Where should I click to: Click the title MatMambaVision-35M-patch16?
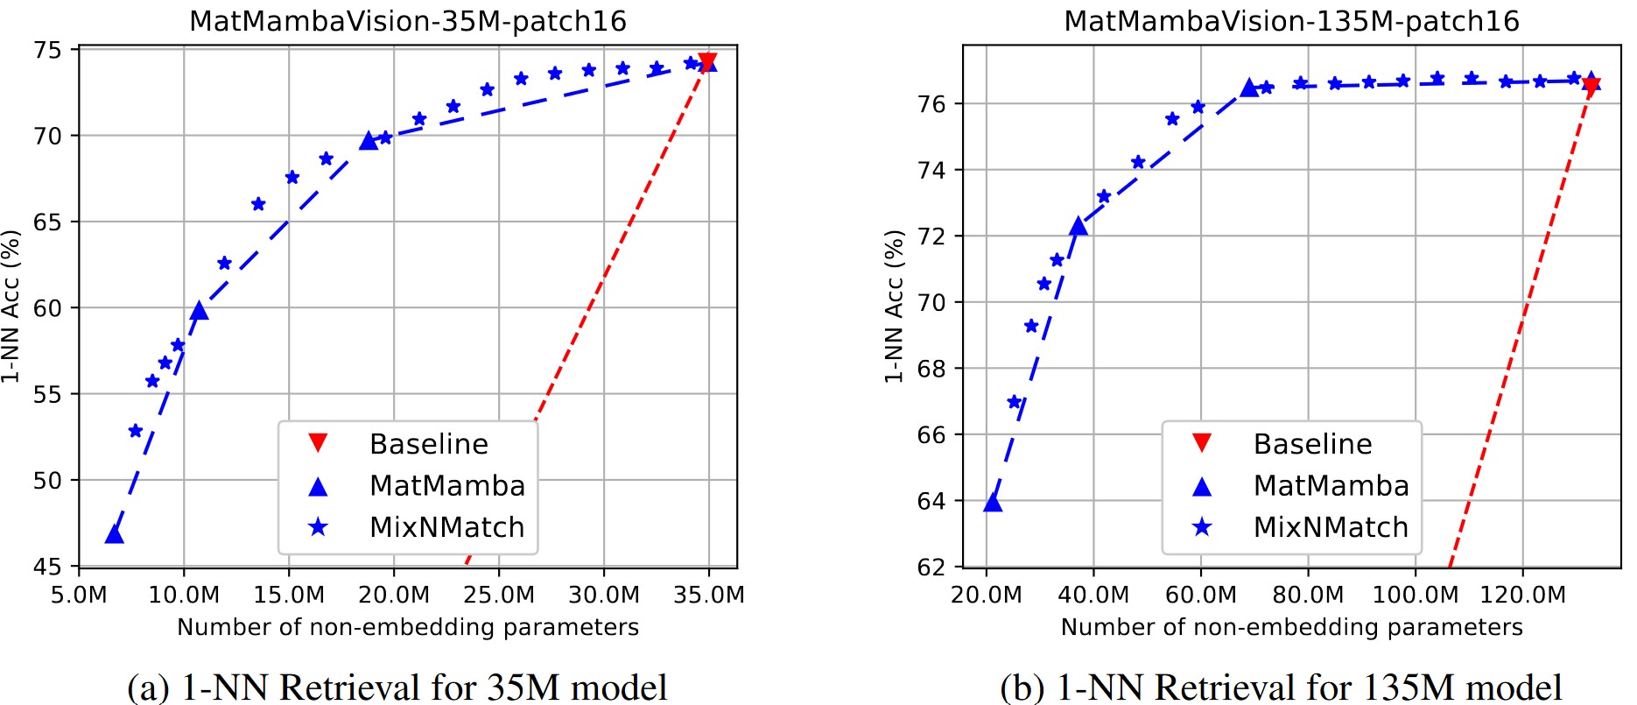[x=408, y=21]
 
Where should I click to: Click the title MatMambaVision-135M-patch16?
[x=1291, y=21]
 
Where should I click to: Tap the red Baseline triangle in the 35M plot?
[x=707, y=61]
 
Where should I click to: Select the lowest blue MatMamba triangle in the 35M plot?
[x=114, y=533]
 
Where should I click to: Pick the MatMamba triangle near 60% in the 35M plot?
[x=199, y=310]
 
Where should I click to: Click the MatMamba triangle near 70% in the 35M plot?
[x=369, y=139]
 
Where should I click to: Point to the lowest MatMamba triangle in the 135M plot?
[x=993, y=502]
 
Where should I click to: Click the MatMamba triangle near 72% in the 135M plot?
[x=1078, y=226]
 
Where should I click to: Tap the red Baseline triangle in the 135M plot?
[x=1591, y=84]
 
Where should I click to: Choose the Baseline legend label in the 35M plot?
[x=429, y=444]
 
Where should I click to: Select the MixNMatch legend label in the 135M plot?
[x=1331, y=527]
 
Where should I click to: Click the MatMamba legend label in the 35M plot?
[x=447, y=485]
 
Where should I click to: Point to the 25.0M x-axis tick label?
[x=499, y=596]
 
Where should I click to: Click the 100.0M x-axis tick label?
[x=1416, y=596]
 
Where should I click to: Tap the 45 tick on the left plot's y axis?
[x=48, y=568]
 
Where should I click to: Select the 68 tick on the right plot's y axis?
[x=931, y=369]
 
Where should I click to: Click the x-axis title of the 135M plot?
[x=1291, y=627]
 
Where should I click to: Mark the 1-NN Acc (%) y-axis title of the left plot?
[x=11, y=307]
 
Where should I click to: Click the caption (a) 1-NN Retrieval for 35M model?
[x=397, y=687]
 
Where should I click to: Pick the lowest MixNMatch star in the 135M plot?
[x=1015, y=402]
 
